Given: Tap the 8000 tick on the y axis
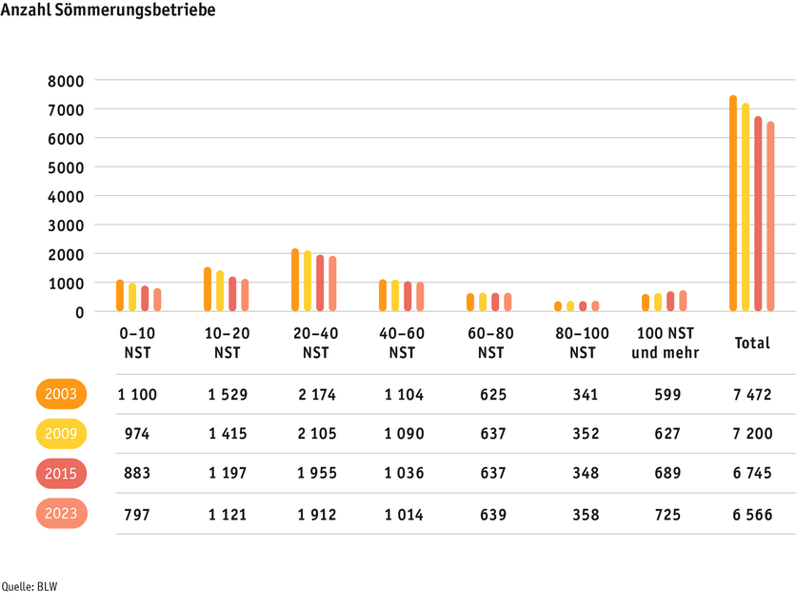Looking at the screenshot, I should [x=67, y=81].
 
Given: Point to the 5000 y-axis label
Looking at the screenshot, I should [x=67, y=167].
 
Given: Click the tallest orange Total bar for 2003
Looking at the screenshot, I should [x=733, y=204].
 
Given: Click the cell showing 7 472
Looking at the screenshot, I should [x=751, y=394].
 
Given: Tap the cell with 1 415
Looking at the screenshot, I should [x=227, y=434].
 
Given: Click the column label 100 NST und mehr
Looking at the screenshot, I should [x=666, y=343].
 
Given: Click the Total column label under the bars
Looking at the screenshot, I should [x=751, y=343].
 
